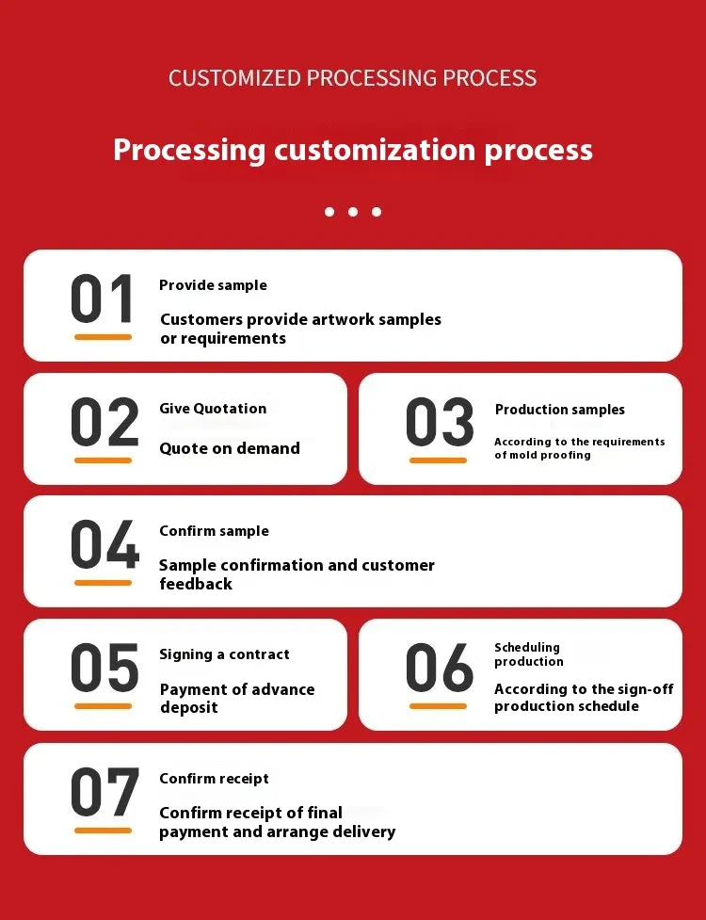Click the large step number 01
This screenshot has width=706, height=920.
pyautogui.click(x=102, y=299)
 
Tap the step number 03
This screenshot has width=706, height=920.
pyautogui.click(x=440, y=422)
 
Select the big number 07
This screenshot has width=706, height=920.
pyautogui.click(x=105, y=792)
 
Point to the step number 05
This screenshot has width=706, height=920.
pyautogui.click(x=104, y=667)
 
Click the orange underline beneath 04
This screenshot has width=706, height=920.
pyautogui.click(x=103, y=583)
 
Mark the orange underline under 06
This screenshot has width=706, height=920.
pyautogui.click(x=438, y=706)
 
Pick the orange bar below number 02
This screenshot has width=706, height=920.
pyautogui.click(x=103, y=460)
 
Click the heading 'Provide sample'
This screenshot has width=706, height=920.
pyautogui.click(x=213, y=285)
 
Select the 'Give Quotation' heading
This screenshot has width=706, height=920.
pyautogui.click(x=213, y=409)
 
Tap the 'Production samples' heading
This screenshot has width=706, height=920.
pyautogui.click(x=560, y=410)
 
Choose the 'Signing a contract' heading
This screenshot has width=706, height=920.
pyautogui.click(x=225, y=654)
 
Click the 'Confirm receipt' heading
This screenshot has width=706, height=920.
pyautogui.click(x=214, y=779)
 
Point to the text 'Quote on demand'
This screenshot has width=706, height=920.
pyautogui.click(x=230, y=448)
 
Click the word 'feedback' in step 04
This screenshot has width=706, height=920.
pyautogui.click(x=196, y=584)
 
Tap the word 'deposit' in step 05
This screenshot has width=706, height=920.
pyautogui.click(x=189, y=707)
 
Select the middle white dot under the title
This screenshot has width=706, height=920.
pyautogui.click(x=353, y=212)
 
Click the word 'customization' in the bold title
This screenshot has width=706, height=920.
pyautogui.click(x=375, y=150)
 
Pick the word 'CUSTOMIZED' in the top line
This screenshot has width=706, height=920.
pyautogui.click(x=234, y=78)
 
